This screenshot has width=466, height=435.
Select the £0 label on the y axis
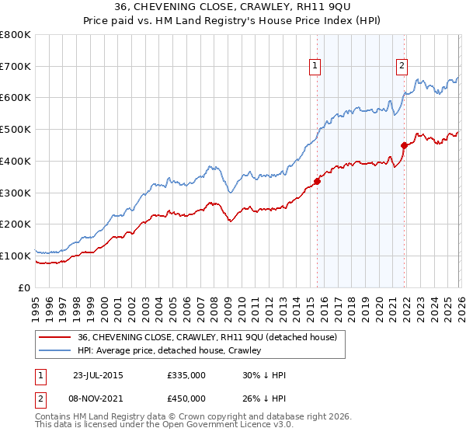23,287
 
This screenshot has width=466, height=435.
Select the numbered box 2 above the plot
402,67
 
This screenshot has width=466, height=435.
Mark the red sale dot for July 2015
317,182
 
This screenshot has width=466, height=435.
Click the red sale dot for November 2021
404,145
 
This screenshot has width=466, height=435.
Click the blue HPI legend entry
169,350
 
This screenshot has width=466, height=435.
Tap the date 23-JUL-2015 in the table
97,374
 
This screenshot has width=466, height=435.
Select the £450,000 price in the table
186,398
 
